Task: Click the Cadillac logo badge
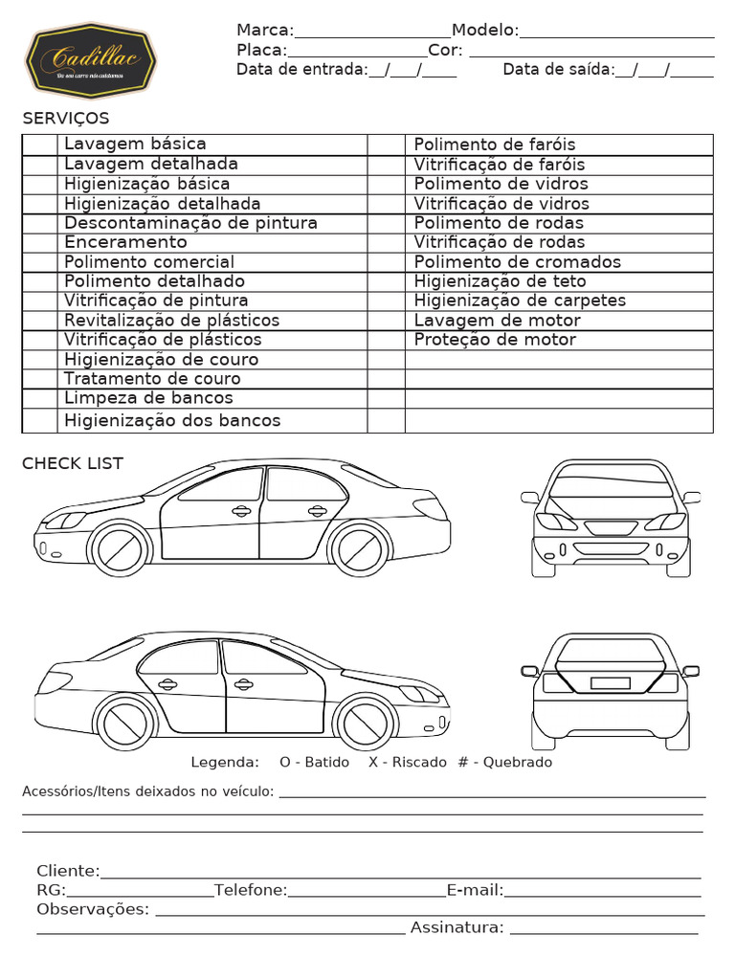pos(91,61)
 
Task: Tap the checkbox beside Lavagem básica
pos(40,145)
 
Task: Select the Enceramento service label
pos(125,242)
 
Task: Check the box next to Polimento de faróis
pos(386,145)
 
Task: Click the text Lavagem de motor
pos(497,320)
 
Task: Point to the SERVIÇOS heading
pos(66,119)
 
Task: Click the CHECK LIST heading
pos(73,463)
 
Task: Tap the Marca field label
pos(265,31)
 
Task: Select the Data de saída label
pos(558,69)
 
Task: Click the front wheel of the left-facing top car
pos(119,548)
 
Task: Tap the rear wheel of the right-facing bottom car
pos(125,721)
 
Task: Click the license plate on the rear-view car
pos(610,682)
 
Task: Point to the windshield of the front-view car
pos(610,485)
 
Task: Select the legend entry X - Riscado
pos(407,763)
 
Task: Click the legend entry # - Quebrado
pos(504,763)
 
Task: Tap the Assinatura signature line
pos(604,930)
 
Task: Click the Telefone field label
pos(251,891)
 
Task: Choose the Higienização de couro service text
pos(161,360)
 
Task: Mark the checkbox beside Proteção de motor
pos(386,340)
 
